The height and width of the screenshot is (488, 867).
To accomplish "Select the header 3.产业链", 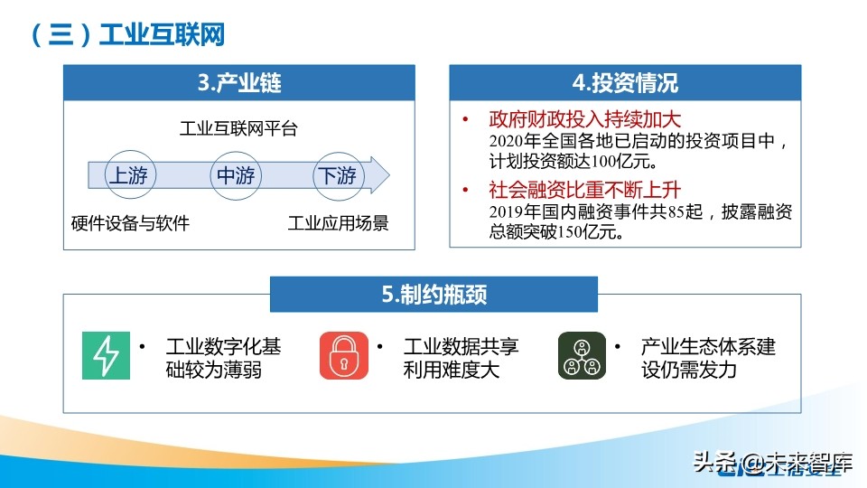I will click(x=239, y=84).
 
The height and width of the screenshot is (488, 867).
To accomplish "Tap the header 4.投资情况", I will click(x=625, y=84).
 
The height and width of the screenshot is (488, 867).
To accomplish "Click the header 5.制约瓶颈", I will click(x=433, y=295).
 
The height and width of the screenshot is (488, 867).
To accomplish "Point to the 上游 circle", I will click(x=128, y=175).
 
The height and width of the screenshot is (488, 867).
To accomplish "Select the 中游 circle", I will click(x=235, y=175).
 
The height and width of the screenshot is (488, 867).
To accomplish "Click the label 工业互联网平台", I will click(x=238, y=129).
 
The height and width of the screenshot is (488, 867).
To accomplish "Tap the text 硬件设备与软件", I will click(x=130, y=223).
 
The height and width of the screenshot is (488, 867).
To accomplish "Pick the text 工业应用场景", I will click(x=338, y=223).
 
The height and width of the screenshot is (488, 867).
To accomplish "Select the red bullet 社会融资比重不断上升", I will click(x=584, y=191).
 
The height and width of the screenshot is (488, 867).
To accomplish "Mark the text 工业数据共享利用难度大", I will click(x=461, y=358).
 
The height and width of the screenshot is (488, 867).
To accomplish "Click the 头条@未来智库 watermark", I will click(x=772, y=465).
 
